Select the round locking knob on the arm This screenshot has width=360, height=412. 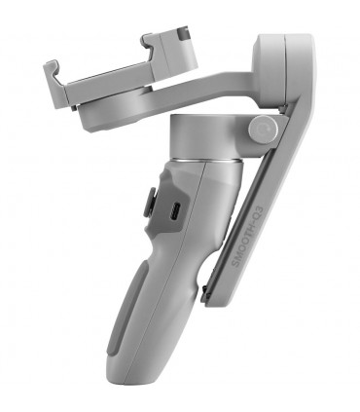261,130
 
